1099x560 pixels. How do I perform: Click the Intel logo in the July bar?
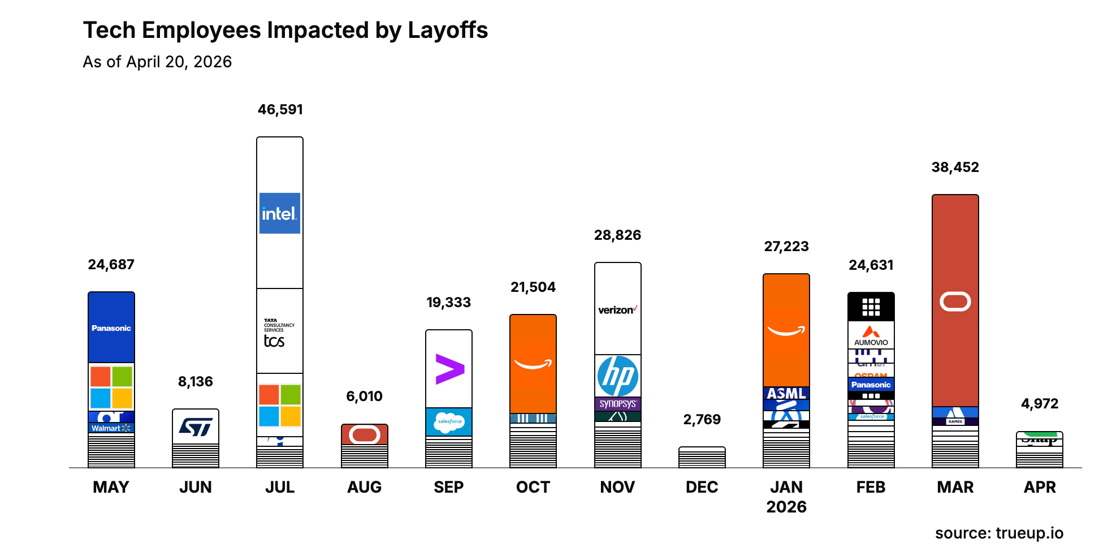click(x=279, y=213)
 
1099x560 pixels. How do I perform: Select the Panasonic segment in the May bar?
click(x=111, y=328)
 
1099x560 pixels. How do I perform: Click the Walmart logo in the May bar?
click(x=111, y=428)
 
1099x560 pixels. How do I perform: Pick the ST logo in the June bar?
click(x=196, y=427)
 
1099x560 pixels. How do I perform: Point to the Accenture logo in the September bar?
click(x=449, y=369)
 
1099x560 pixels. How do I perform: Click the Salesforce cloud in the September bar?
click(x=449, y=421)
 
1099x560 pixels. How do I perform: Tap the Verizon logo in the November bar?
click(x=617, y=310)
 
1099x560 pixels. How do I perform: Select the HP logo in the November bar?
click(x=617, y=376)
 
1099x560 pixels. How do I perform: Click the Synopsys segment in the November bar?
click(x=617, y=404)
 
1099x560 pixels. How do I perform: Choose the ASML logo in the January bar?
click(x=786, y=394)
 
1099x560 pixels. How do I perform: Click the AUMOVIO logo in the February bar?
click(x=871, y=335)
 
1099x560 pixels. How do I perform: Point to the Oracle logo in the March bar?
click(x=955, y=301)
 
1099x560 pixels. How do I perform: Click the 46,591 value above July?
click(x=280, y=110)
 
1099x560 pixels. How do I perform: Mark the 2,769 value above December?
click(x=702, y=420)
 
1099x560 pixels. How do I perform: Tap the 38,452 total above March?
click(x=955, y=167)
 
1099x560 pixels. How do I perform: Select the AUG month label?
click(x=365, y=487)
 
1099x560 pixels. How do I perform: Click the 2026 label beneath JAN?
click(x=786, y=507)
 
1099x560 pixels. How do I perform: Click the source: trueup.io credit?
click(x=999, y=533)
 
